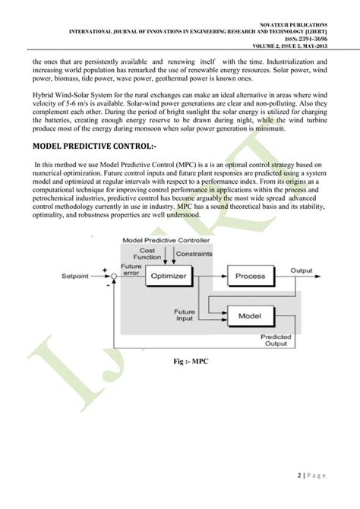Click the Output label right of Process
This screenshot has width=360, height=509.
coord(301,270)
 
